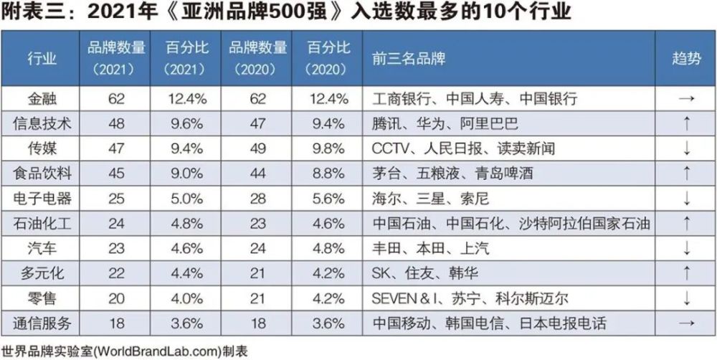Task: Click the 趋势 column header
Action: (686, 59)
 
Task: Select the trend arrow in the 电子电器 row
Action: (686, 198)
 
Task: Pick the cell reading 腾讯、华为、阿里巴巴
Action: (445, 123)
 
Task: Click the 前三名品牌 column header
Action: (409, 59)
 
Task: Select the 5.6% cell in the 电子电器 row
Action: (328, 198)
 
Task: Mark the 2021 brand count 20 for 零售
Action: (116, 298)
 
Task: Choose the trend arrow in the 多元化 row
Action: (686, 273)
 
